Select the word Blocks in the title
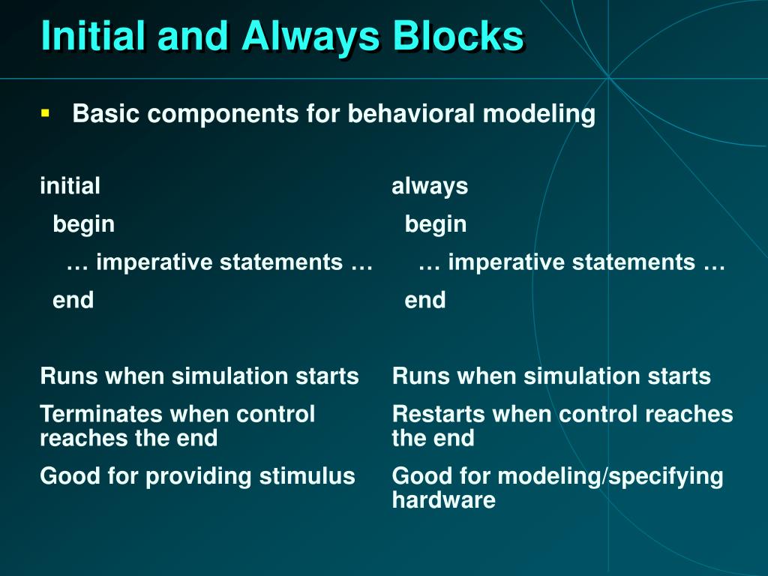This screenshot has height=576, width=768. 458,36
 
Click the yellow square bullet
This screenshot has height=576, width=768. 46,114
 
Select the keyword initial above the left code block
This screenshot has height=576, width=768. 70,186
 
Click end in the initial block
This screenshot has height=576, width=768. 73,300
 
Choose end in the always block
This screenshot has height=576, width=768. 425,300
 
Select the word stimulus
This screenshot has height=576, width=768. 307,476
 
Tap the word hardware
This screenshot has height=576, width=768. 444,500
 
